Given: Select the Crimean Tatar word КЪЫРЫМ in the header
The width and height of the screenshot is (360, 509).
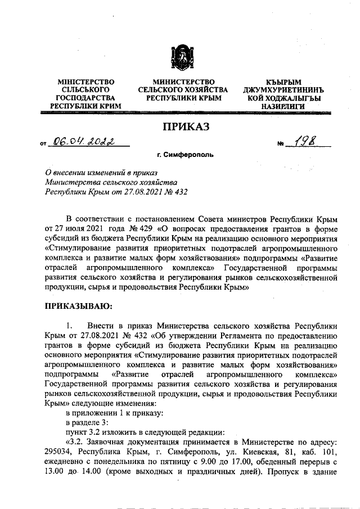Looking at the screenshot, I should tap(283, 82).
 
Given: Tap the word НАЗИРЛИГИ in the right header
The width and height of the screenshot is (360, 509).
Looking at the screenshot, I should tap(283, 106).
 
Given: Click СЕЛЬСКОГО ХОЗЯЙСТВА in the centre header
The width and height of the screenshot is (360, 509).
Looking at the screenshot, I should tap(183, 90).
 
